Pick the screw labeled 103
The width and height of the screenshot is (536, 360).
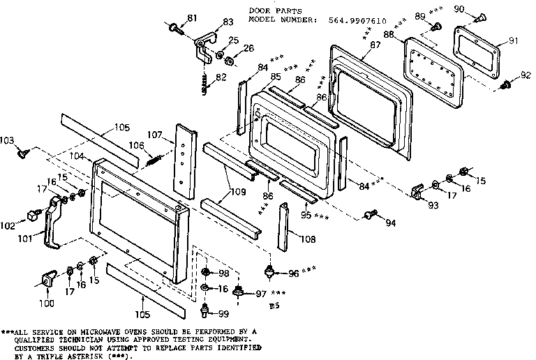(24, 150)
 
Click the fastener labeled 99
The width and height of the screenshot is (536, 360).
(205, 308)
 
